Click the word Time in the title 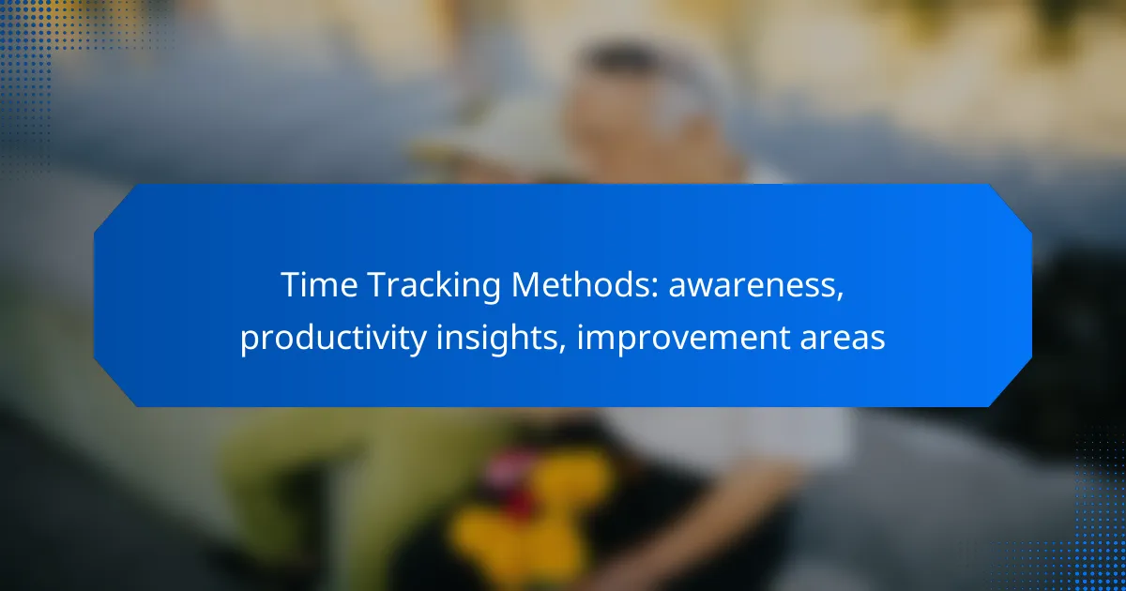point(319,285)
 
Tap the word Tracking point(434,286)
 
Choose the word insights point(496,339)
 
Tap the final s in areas point(877,341)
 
